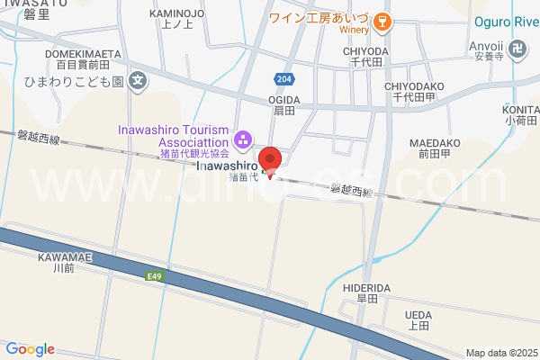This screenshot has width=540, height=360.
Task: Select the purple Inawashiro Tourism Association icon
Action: [x=242, y=139]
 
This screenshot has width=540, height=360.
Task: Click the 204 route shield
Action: [x=284, y=78]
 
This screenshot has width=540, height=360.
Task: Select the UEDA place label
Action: [x=418, y=314]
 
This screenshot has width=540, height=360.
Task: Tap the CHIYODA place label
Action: [x=365, y=51]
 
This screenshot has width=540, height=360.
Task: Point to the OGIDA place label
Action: [x=283, y=101]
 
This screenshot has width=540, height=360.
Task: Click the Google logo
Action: [x=30, y=349]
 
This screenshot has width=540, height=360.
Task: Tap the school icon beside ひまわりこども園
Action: [x=137, y=81]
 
